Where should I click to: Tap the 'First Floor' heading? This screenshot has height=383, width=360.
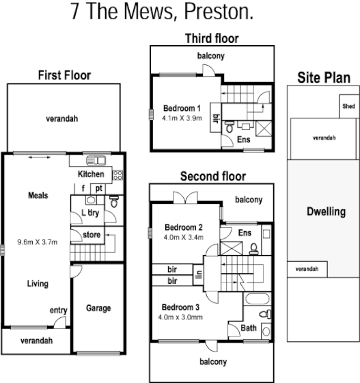point(64,75)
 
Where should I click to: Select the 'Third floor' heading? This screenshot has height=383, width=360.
point(212,38)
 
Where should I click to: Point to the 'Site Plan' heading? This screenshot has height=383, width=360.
point(322,77)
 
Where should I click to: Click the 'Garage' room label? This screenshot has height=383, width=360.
point(98,308)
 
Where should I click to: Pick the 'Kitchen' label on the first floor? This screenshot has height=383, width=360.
point(90,174)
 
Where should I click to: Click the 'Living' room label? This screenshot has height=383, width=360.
point(37,284)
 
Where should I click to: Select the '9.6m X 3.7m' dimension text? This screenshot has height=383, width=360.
point(38,241)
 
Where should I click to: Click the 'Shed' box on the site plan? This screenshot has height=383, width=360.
point(348,107)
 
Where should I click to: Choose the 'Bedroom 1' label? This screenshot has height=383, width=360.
point(182,108)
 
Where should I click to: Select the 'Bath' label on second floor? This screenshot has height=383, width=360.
point(249,328)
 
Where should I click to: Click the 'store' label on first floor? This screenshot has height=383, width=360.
point(92,235)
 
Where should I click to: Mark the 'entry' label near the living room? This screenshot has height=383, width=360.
point(58,311)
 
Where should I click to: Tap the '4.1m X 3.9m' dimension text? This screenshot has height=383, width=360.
point(182,118)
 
